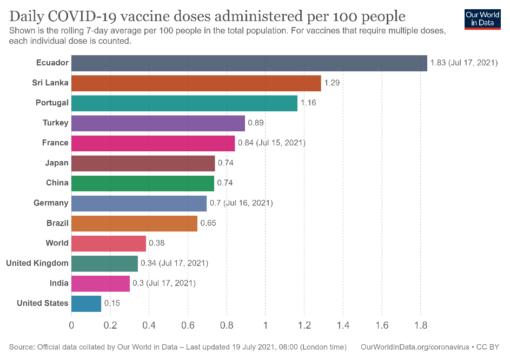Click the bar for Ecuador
tap(249, 63)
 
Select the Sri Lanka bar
tap(196, 83)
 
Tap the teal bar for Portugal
tap(184, 103)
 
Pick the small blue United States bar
tap(86, 303)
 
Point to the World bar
tap(109, 243)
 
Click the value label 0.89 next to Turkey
tap(255, 123)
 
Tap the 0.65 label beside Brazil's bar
tap(208, 223)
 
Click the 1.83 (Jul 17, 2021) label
tap(463, 63)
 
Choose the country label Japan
tap(57, 163)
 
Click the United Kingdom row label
tap(37, 263)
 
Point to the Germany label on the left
tap(51, 203)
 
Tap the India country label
tap(59, 283)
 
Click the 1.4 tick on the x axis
tap(343, 326)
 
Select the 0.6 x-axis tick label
tap(188, 326)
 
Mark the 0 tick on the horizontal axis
tap(71, 326)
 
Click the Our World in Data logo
tap(482, 18)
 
